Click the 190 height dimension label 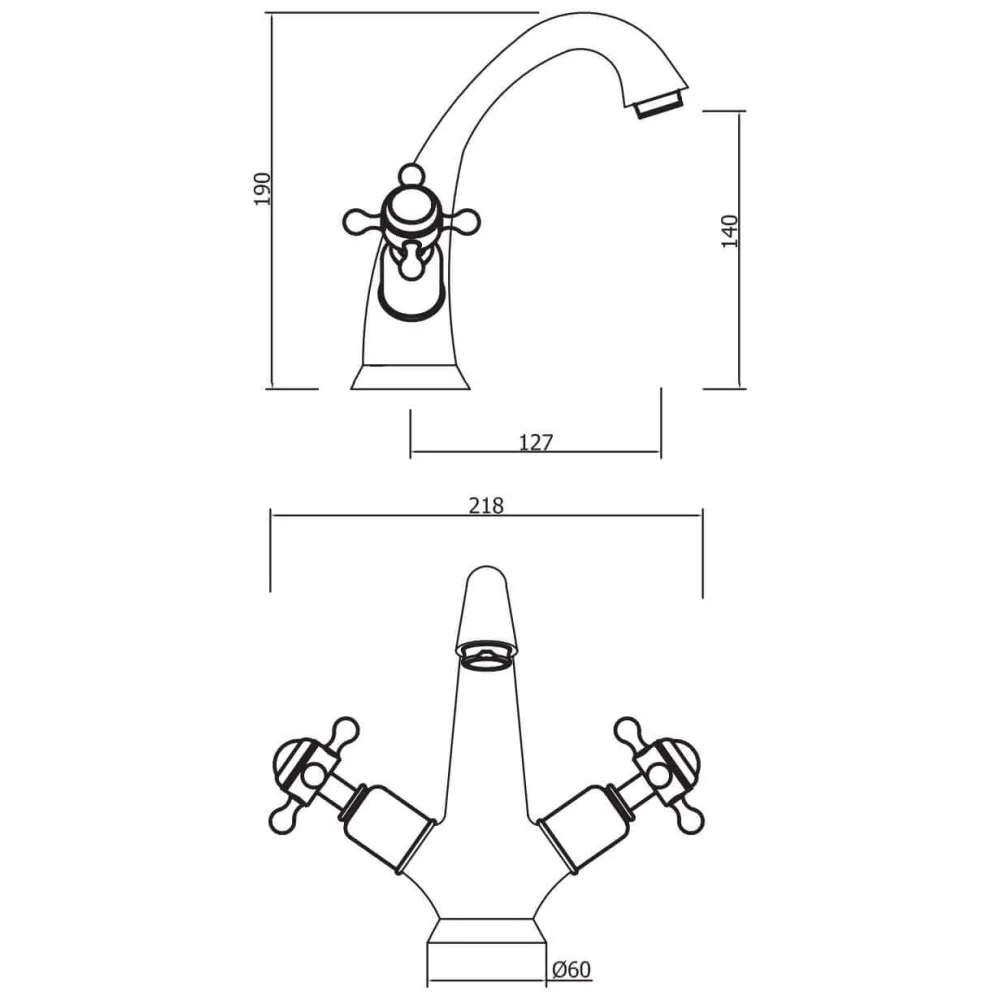click(262, 189)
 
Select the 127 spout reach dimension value click(536, 442)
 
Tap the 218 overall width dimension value click(486, 505)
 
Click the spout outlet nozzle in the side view click(660, 104)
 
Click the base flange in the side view click(411, 376)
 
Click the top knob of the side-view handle click(409, 174)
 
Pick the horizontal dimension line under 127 click(536, 452)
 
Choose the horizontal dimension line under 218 click(486, 516)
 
